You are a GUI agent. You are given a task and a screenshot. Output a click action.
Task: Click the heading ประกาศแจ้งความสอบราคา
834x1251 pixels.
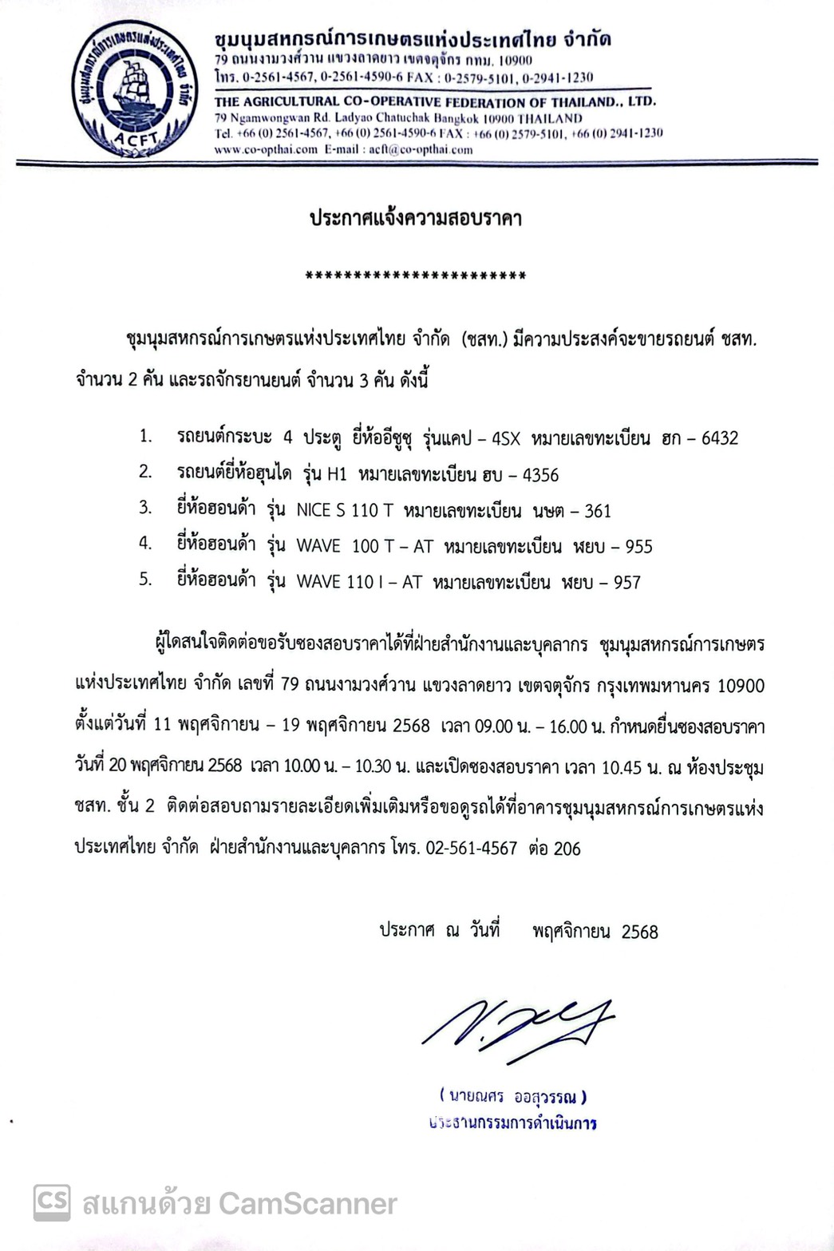click(x=416, y=218)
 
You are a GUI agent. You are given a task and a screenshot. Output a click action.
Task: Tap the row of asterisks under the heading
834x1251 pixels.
click(x=416, y=277)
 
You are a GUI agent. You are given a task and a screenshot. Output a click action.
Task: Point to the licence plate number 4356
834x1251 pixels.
click(x=540, y=475)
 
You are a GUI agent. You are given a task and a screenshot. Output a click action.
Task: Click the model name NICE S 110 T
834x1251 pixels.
click(x=344, y=511)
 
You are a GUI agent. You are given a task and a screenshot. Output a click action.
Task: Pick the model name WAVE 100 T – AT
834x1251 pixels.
click(x=364, y=547)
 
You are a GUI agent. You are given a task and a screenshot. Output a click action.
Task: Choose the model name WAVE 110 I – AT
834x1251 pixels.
click(x=358, y=583)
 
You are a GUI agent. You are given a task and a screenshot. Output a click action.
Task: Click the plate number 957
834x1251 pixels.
click(x=626, y=583)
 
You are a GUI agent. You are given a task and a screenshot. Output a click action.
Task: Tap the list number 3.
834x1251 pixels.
click(x=144, y=509)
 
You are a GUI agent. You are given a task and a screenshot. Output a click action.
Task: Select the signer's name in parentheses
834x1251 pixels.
click(x=512, y=1097)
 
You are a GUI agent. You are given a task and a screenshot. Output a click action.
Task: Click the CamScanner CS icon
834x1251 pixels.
click(x=52, y=1202)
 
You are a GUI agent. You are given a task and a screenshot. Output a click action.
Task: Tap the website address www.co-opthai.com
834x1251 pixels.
click(x=266, y=149)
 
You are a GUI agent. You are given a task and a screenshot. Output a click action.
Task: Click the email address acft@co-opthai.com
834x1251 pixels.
click(x=421, y=149)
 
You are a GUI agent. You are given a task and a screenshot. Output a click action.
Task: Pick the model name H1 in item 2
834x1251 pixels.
click(x=336, y=475)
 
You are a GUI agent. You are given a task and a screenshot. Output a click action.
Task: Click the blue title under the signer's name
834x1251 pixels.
click(x=512, y=1123)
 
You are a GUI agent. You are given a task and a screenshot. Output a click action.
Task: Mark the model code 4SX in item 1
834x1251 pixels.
click(x=506, y=438)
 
